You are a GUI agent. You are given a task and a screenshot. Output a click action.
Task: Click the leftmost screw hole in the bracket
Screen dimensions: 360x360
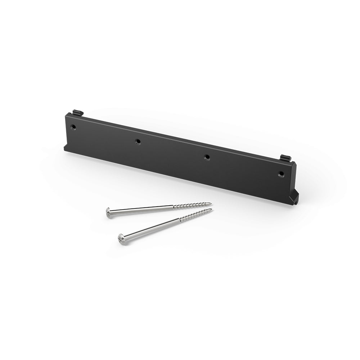coord(73,127)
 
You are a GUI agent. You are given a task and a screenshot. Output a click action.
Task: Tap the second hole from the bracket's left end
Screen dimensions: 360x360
coord(138,142)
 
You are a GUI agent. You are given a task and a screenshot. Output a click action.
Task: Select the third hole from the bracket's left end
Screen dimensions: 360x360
coord(207,157)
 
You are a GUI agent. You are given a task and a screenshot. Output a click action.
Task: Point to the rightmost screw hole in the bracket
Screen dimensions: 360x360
coord(281,174)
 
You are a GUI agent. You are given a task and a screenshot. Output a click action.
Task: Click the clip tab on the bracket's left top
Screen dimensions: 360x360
coord(77,112)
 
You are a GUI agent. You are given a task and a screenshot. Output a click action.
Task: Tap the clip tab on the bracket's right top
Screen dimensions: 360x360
coord(285,158)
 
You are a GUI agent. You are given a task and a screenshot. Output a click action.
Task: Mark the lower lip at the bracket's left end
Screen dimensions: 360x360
coord(67,148)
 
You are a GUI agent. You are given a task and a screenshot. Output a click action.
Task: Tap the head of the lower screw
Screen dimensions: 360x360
coord(122,239)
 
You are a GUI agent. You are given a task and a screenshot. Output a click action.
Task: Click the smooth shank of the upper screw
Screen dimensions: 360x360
coord(144,210)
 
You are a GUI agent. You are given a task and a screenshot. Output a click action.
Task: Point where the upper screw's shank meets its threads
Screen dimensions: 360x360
coord(173,207)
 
